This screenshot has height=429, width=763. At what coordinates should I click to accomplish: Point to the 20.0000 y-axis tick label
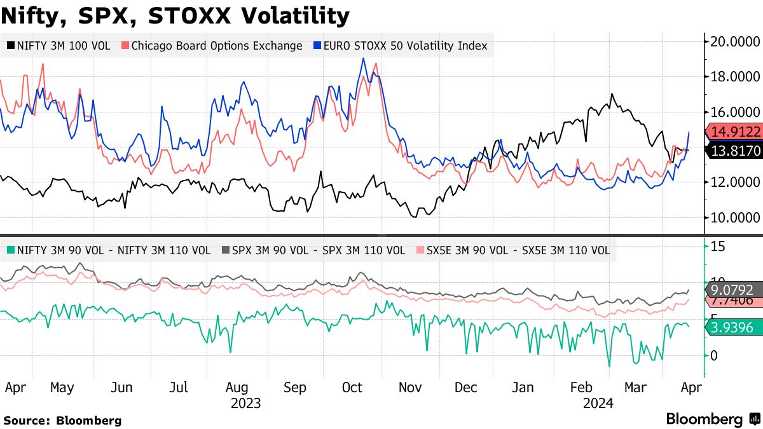pos(736,42)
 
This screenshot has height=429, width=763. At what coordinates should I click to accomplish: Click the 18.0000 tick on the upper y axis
pos(736,77)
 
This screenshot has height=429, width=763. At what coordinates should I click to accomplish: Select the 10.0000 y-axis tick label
pos(736,217)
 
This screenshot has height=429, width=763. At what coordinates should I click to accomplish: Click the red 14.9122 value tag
pos(734,132)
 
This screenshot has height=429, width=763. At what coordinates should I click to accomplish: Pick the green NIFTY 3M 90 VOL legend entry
pos(111,250)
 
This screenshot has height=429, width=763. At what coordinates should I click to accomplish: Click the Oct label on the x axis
pos(352,388)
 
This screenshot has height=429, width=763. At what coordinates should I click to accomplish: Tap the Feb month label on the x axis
pos(581,388)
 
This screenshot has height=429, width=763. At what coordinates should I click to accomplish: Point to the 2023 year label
pos(245,403)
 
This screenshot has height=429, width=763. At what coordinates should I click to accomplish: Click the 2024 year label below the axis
pos(598,403)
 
